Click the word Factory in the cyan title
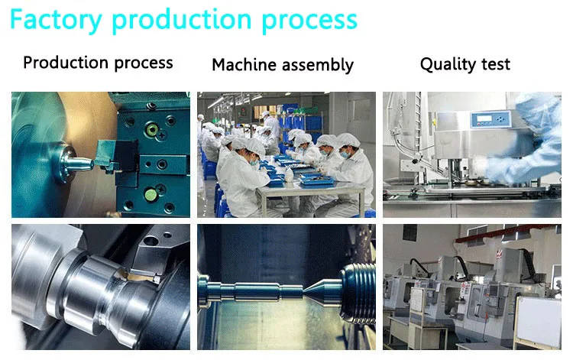(56, 21)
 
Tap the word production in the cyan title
(182, 21)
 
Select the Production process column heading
(98, 63)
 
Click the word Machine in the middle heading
(244, 65)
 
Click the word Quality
(448, 64)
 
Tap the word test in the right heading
(496, 64)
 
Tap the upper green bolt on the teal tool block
(151, 129)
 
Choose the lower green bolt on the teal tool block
(150, 195)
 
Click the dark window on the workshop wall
(410, 232)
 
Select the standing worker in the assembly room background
(271, 125)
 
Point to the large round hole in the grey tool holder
(151, 242)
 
